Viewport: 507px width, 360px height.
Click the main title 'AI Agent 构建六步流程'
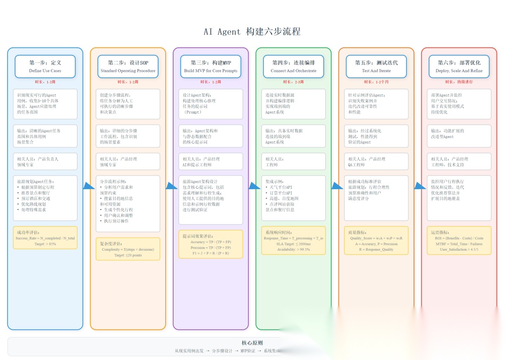(x=252, y=32)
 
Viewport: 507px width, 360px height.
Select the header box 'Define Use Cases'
(x=45, y=66)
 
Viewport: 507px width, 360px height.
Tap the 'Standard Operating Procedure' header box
(x=128, y=66)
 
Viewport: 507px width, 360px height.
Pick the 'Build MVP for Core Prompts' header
(x=211, y=66)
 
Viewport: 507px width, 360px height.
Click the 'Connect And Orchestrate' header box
(x=293, y=66)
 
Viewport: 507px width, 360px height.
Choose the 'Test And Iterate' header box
(x=376, y=66)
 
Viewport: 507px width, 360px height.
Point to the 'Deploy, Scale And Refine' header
(x=459, y=66)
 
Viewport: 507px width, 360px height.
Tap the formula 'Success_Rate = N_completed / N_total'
(x=45, y=238)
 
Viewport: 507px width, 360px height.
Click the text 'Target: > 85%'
(x=45, y=244)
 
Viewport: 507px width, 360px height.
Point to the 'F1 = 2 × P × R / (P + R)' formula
(x=211, y=253)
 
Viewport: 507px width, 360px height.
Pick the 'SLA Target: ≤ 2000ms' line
(x=293, y=244)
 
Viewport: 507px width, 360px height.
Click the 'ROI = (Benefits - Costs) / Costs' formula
(x=459, y=238)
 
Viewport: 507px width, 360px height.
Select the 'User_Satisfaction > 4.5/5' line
(x=459, y=250)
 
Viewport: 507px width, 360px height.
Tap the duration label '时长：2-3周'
(x=293, y=82)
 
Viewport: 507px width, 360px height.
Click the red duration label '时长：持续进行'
(x=459, y=82)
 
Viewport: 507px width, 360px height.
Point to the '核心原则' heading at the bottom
(x=252, y=343)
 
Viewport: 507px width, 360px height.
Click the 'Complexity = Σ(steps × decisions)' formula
(x=128, y=250)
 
